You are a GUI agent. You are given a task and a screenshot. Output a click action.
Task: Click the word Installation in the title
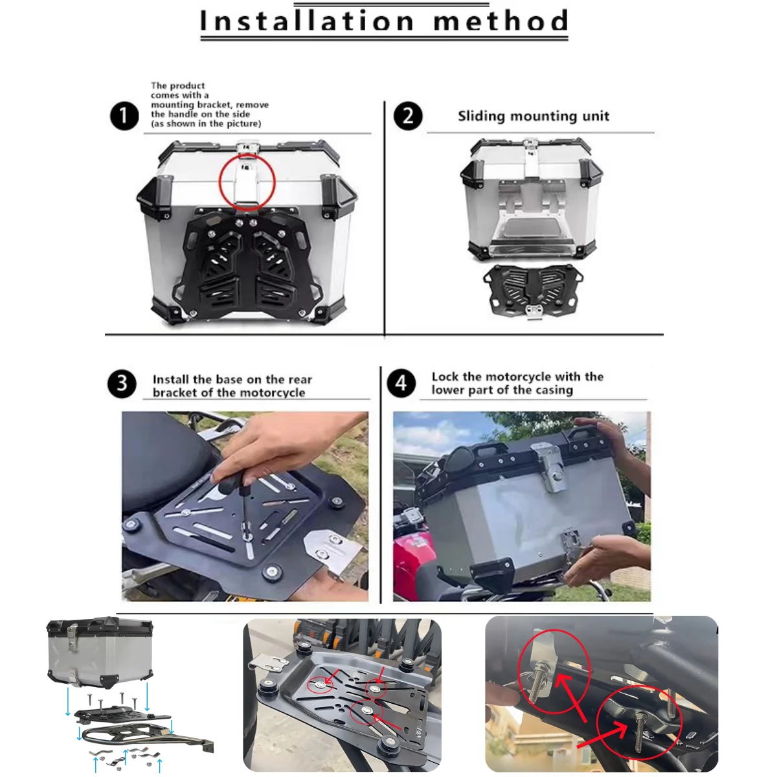[x=307, y=20]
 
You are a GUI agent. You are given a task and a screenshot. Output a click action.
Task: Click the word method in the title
[x=501, y=20]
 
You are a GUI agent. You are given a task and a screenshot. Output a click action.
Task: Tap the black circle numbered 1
[x=124, y=116]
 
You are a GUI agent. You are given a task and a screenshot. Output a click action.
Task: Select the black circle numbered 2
[x=408, y=116]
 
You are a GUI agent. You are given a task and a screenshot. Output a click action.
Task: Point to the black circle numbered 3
[x=122, y=383]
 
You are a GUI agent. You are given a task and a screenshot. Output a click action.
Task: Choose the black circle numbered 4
[x=401, y=383]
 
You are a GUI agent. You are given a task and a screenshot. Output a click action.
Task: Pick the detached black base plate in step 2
[x=533, y=289]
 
